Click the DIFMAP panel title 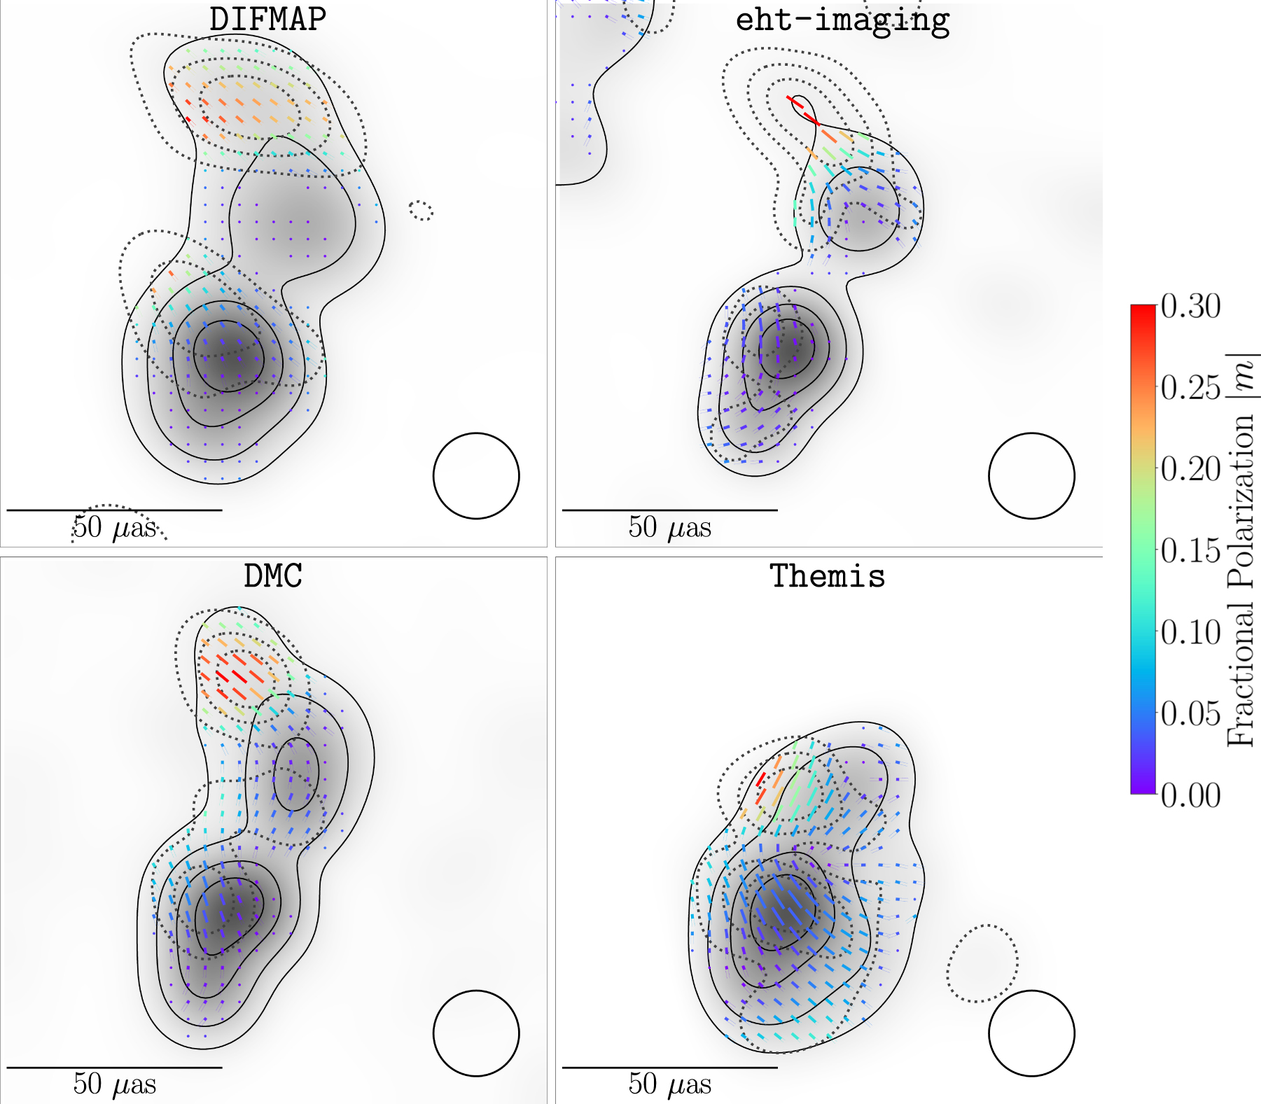click(x=267, y=19)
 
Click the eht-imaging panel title click(x=842, y=20)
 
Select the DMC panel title click(x=273, y=576)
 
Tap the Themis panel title click(x=828, y=576)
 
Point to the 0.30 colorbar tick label click(x=1190, y=306)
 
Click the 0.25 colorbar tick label click(x=1190, y=387)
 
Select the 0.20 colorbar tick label click(x=1190, y=469)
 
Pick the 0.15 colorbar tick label click(x=1190, y=550)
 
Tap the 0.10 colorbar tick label click(x=1190, y=632)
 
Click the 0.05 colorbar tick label click(x=1190, y=713)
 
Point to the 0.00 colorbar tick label click(x=1190, y=795)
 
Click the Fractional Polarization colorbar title click(x=1241, y=550)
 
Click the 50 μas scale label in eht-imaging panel click(x=669, y=527)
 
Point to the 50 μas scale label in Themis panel click(x=669, y=1084)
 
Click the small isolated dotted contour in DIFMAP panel click(x=421, y=210)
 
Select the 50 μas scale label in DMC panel click(x=114, y=1084)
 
